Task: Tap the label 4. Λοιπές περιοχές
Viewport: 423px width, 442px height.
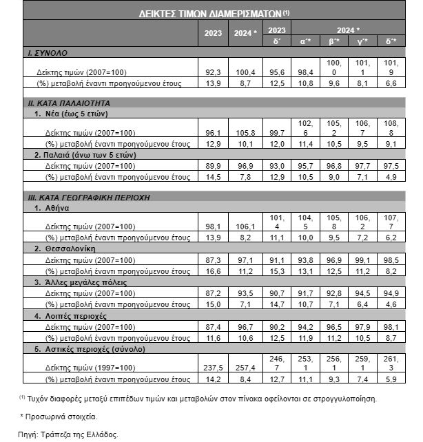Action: (70, 316)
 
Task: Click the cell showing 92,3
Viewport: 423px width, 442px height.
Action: (213, 72)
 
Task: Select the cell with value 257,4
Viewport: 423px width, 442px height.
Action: (245, 367)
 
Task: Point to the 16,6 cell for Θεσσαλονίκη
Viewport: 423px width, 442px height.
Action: (213, 271)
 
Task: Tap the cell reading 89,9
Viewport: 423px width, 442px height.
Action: (213, 166)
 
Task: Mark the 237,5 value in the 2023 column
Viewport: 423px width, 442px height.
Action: (213, 367)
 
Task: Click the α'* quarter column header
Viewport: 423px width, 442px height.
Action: (307, 41)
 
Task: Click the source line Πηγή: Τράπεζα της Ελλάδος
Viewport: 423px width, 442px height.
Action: (68, 434)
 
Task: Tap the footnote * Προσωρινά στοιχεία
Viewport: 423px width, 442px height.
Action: (59, 417)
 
